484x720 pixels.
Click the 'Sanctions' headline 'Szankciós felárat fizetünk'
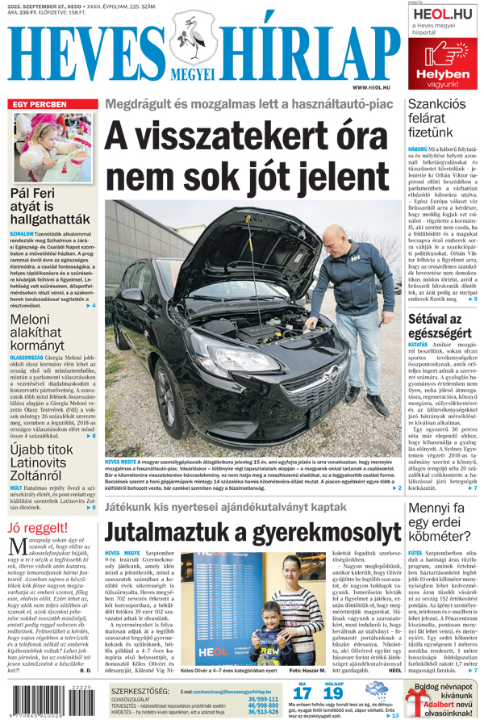pyautogui.click(x=436, y=117)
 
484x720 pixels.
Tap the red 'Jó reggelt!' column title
pyautogui.click(x=38, y=530)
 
